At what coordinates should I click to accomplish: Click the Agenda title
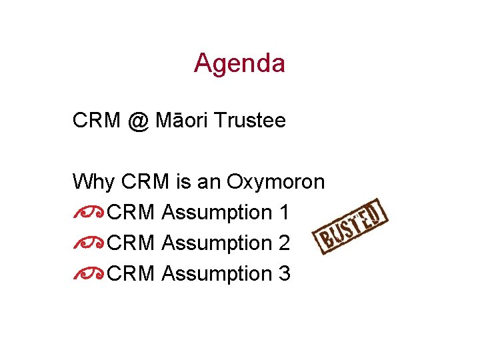pos(239,63)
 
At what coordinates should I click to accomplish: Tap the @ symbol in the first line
pos(137,121)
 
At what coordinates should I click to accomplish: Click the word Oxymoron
pos(276,181)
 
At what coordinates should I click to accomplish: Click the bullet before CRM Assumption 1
pos(88,213)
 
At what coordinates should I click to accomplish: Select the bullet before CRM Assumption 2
pos(88,243)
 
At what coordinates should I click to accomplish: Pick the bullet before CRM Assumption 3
pos(88,274)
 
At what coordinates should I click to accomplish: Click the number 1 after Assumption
pos(285,213)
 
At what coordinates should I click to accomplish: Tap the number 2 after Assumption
pos(285,243)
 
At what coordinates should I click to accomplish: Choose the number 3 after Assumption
pos(285,274)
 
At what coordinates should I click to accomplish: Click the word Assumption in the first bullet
pos(217,213)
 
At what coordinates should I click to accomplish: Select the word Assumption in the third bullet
pos(217,274)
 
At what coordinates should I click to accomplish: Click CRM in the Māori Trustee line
pos(97,121)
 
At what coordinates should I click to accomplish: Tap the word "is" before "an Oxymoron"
pos(185,181)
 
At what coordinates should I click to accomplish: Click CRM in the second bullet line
pos(131,243)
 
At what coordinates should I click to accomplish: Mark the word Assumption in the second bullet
pos(217,243)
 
